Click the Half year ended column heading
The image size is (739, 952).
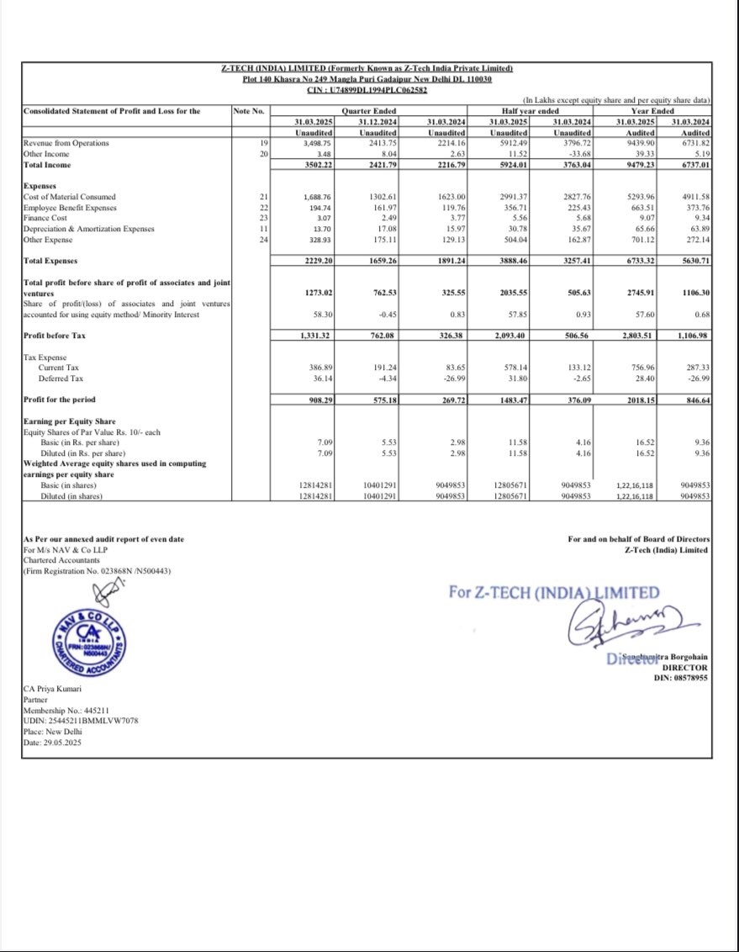pyautogui.click(x=525, y=110)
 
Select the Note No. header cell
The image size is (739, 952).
pyautogui.click(x=248, y=110)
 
